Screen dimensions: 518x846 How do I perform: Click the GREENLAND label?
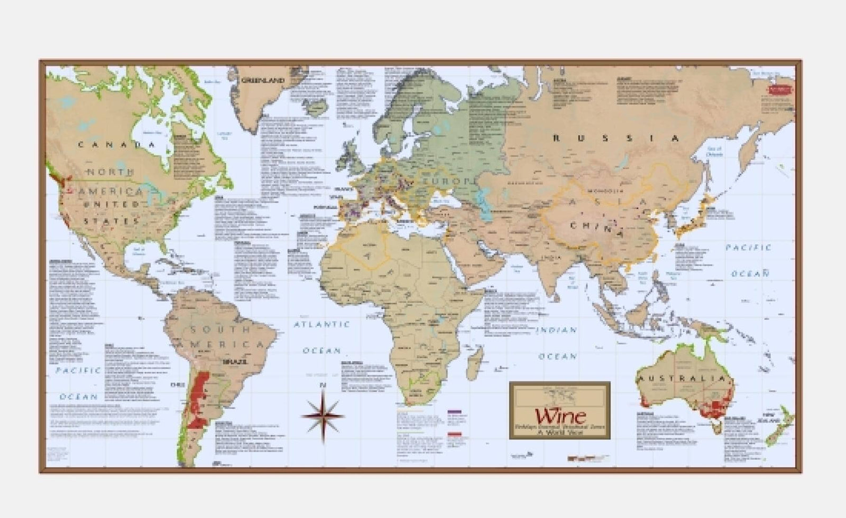tap(263, 81)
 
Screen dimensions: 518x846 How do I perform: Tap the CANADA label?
tap(117, 145)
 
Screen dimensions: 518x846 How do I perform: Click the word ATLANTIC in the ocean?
tap(322, 324)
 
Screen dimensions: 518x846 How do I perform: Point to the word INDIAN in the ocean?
tap(557, 330)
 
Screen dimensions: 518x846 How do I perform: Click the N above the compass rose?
tap(324, 386)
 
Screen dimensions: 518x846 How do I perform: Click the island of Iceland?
tap(317, 108)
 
